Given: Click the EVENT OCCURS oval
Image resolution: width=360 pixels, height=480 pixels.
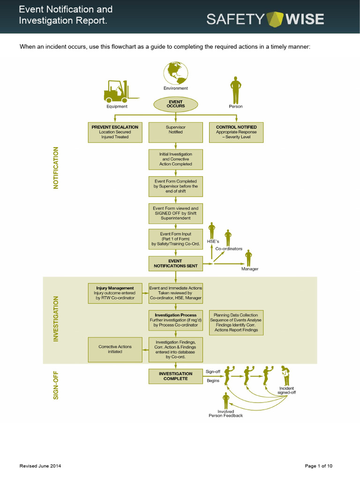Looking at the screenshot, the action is click(176, 104).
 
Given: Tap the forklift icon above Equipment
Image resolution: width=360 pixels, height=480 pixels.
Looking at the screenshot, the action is click(121, 91).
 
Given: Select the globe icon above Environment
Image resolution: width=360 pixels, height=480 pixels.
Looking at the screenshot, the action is click(176, 73).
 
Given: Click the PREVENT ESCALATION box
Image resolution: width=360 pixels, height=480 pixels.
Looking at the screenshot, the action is click(115, 133).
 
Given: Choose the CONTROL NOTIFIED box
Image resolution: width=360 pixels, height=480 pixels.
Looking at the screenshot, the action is click(236, 133).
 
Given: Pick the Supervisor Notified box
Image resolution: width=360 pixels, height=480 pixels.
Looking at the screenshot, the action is click(176, 133).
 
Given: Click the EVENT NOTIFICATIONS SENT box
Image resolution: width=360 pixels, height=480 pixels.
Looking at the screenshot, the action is click(176, 263).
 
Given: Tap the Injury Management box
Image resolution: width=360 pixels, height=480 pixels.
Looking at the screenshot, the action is click(115, 293).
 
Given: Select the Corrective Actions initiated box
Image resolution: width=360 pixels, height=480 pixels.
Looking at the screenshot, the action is click(115, 350).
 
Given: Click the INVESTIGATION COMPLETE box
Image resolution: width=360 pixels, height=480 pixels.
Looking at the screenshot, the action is click(176, 376).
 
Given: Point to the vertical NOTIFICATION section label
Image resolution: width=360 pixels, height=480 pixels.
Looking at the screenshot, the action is click(56, 168).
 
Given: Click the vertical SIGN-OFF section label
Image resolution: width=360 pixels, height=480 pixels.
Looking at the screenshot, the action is click(56, 385).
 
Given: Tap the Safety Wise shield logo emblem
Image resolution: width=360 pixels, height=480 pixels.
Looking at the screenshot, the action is click(275, 19).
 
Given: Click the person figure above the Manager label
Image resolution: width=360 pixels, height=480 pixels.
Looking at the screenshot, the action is click(248, 258).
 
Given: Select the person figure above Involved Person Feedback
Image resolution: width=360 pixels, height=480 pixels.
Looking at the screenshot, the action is click(226, 401).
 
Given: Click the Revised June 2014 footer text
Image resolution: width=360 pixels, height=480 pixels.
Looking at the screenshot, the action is click(40, 466).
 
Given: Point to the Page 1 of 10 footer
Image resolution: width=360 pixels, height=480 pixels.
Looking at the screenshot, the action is click(318, 466).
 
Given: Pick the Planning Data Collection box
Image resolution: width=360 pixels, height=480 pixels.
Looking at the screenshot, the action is click(236, 322).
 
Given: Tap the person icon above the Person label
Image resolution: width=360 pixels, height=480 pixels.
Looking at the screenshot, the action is click(236, 90).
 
